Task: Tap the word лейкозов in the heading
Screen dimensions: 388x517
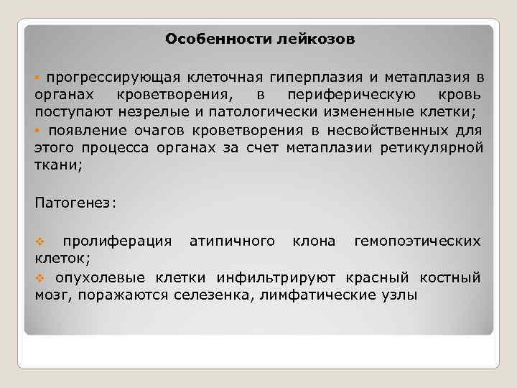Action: (x=315, y=39)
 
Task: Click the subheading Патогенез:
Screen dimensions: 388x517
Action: (x=75, y=203)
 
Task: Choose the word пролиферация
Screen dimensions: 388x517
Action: (x=117, y=240)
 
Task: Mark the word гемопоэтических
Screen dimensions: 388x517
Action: (x=418, y=240)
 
